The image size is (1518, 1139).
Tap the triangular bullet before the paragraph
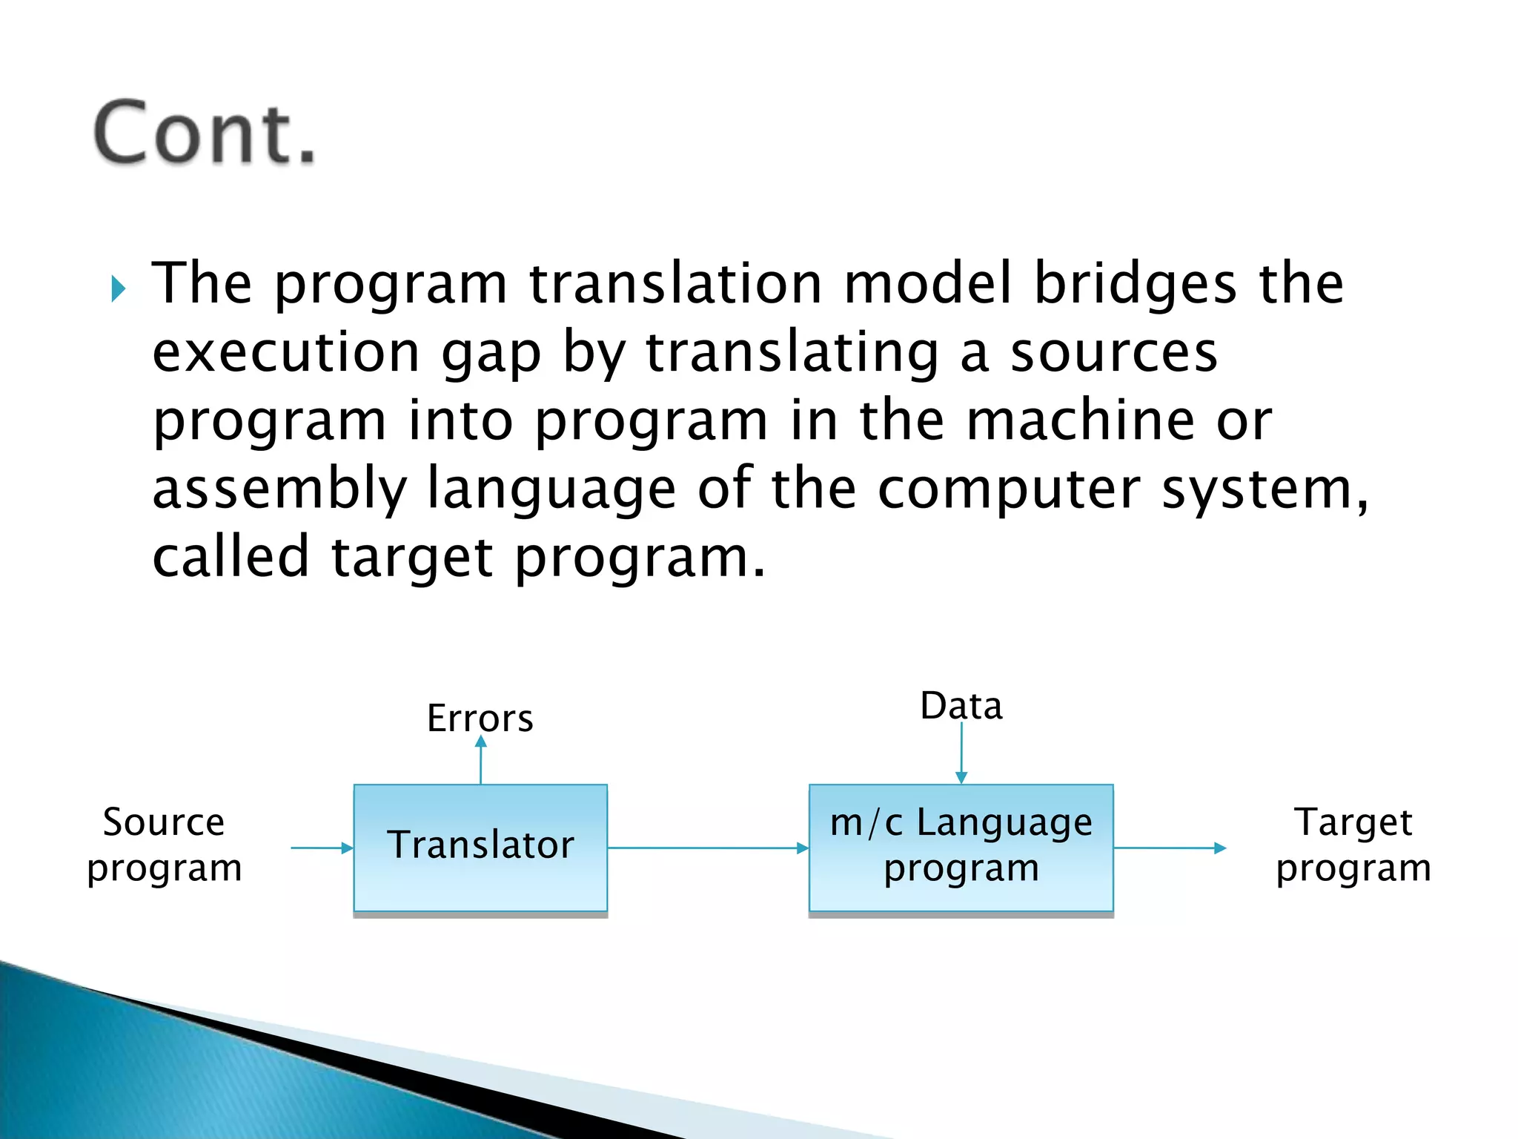click(x=119, y=288)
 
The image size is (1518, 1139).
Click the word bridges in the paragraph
click(x=1135, y=283)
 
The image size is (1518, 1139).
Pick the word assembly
click(x=279, y=489)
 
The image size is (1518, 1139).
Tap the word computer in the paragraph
click(x=1009, y=489)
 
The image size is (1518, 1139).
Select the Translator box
click(x=480, y=848)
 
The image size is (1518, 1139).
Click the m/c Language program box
click(x=961, y=848)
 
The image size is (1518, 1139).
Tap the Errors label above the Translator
click(x=480, y=718)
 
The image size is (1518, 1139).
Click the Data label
click(x=961, y=705)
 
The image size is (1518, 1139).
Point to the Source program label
click(x=164, y=845)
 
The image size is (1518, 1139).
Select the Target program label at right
click(x=1353, y=845)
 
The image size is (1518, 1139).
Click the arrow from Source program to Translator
click(x=322, y=848)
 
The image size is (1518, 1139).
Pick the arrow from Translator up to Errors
click(x=480, y=760)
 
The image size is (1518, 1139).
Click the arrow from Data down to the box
click(x=961, y=753)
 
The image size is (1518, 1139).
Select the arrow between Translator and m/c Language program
click(x=708, y=848)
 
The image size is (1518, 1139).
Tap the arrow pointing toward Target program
click(x=1170, y=848)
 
